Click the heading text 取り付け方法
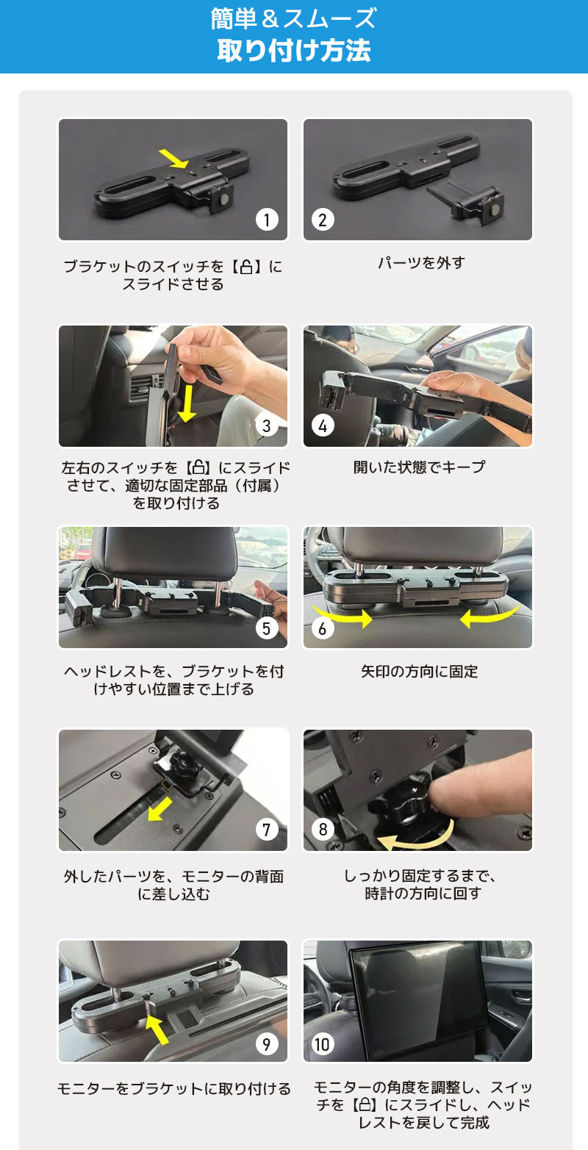[x=293, y=51]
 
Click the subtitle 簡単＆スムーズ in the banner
[x=293, y=18]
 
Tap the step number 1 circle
[x=267, y=219]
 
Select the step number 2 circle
[x=323, y=219]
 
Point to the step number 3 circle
[x=267, y=425]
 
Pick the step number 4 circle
[x=323, y=425]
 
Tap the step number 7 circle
[x=267, y=830]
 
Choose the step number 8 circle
[x=323, y=830]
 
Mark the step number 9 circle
[x=267, y=1043]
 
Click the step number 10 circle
[x=323, y=1043]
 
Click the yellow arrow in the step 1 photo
[x=173, y=157]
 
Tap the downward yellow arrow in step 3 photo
[x=187, y=403]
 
